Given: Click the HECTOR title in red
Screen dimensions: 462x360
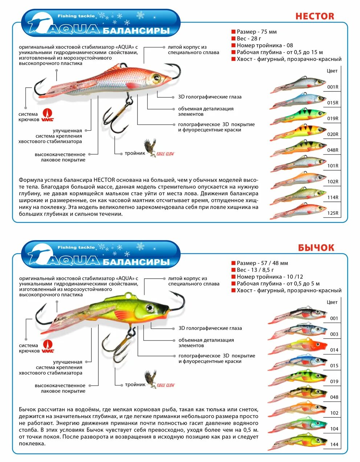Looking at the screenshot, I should coord(315,16).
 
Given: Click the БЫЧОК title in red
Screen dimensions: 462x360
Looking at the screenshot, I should coord(316,248).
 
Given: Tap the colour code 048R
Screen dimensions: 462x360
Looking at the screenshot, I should coord(332,150).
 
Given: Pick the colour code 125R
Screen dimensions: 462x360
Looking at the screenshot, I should coord(332,213).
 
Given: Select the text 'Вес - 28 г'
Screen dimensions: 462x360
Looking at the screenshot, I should coord(249,38).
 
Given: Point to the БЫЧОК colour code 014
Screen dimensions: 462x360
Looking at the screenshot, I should coord(334,350).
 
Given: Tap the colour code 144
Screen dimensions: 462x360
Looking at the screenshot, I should coord(334,445).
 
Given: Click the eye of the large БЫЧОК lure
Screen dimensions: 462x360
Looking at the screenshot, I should coord(149,308).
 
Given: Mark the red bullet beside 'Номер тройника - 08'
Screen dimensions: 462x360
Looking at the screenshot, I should coord(234,45).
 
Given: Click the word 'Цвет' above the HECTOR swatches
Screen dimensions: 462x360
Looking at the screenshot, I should coord(332,71).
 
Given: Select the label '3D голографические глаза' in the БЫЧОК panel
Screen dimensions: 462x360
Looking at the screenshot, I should coord(210,328).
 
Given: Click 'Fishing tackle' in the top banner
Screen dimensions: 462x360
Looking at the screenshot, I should coord(76,16).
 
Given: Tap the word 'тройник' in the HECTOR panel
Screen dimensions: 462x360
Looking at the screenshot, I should coord(135,154).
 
